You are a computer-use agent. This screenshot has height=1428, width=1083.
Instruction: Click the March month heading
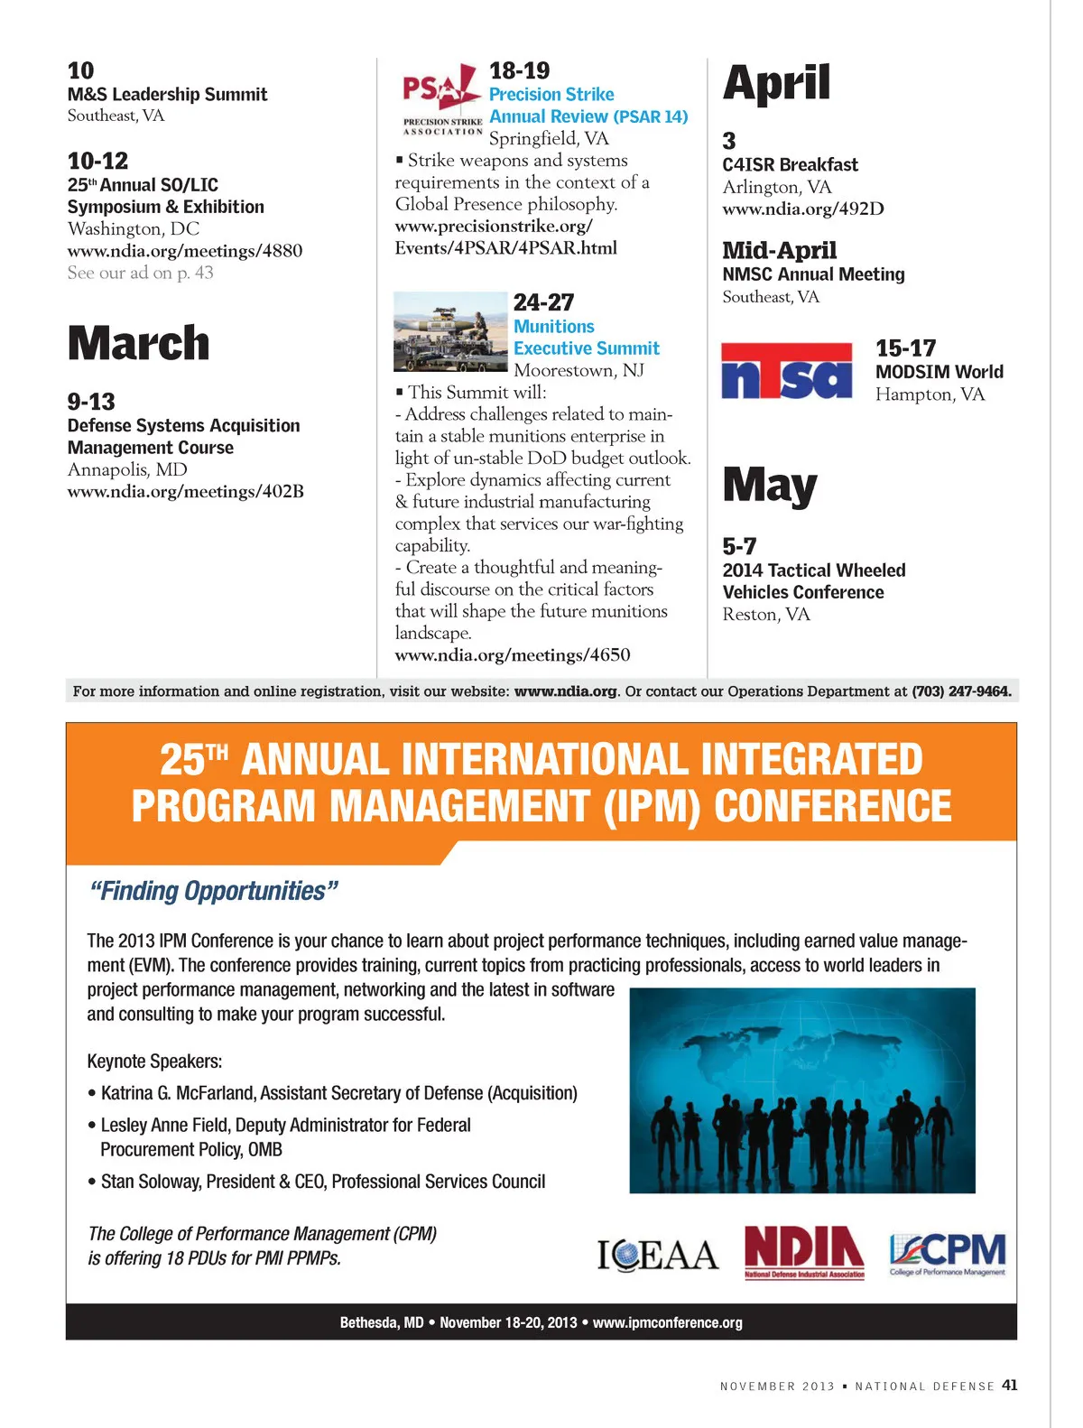click(x=138, y=344)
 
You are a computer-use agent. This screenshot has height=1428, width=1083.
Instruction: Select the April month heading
click(x=776, y=83)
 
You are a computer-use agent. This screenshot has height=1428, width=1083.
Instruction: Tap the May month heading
click(x=770, y=486)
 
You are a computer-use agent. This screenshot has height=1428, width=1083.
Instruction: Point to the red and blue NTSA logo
click(x=787, y=371)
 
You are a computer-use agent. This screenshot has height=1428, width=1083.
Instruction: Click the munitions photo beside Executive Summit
click(x=450, y=331)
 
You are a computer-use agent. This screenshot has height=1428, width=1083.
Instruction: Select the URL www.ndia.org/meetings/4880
click(x=185, y=251)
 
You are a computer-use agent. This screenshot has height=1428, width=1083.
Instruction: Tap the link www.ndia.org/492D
click(x=803, y=209)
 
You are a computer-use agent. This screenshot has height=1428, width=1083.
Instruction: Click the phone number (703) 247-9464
click(x=960, y=691)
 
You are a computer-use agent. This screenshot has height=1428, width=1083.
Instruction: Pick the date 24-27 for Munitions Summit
click(x=543, y=302)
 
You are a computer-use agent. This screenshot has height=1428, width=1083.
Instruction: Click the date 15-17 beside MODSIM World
click(x=905, y=348)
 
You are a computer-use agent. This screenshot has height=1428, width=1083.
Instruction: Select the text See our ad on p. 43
click(x=140, y=273)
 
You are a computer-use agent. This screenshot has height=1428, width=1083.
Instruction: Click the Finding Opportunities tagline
click(x=214, y=892)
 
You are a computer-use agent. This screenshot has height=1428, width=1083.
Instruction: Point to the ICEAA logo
click(x=657, y=1255)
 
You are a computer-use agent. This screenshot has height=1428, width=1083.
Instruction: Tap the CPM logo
click(x=947, y=1254)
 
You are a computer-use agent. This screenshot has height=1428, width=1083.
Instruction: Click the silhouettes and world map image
click(x=801, y=1090)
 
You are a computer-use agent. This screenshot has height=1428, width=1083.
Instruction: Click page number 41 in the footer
click(x=1009, y=1386)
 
